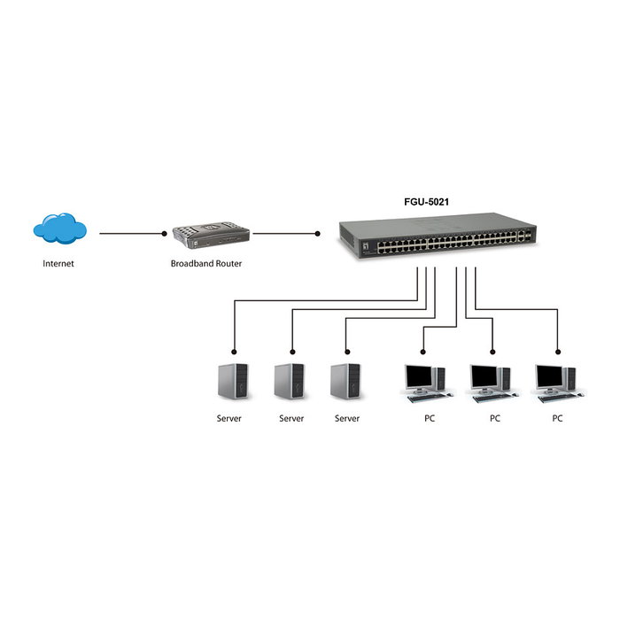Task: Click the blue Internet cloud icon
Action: [x=60, y=230]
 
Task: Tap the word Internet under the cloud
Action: [x=58, y=264]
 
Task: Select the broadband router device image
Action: [x=211, y=236]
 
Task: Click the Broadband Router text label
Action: [x=206, y=264]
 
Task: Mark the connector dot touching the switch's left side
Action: [x=318, y=235]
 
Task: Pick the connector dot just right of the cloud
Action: [x=100, y=235]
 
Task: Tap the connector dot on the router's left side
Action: [x=164, y=235]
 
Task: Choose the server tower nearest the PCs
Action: [x=345, y=381]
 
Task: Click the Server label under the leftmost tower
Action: [x=229, y=418]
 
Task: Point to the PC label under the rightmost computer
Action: [x=557, y=418]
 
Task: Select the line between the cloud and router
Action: [x=132, y=235]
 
